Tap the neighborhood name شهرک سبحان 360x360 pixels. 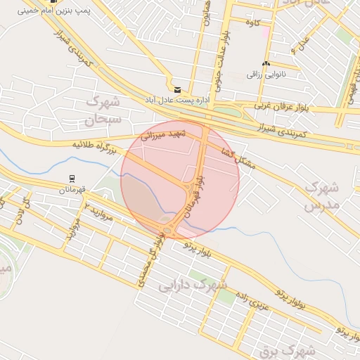point(103,111)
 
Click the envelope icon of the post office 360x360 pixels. point(176,90)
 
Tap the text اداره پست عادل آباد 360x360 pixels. point(179,101)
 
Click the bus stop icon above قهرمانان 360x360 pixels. point(71,179)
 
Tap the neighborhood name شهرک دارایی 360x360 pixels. point(193,285)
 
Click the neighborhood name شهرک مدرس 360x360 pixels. point(323,196)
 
